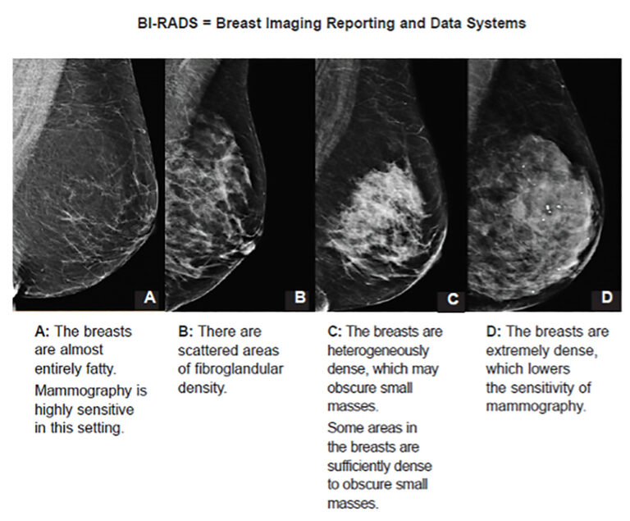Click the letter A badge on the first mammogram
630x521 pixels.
(149, 297)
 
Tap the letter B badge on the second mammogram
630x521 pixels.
(300, 297)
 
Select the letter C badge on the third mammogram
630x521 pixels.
(451, 299)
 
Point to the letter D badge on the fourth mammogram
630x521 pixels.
(606, 297)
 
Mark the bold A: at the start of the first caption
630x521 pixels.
(42, 332)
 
